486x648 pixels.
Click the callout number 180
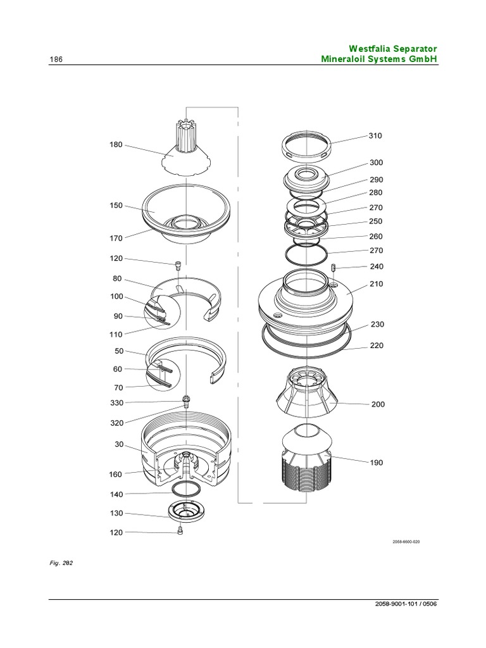(116, 145)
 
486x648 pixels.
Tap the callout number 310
(376, 136)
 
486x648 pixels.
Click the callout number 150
(116, 206)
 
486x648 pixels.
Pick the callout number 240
(376, 267)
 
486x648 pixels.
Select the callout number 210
(376, 285)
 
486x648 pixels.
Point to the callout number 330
(116, 402)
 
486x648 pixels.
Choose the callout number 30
(118, 445)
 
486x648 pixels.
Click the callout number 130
(116, 514)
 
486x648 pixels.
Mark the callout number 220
(376, 346)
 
